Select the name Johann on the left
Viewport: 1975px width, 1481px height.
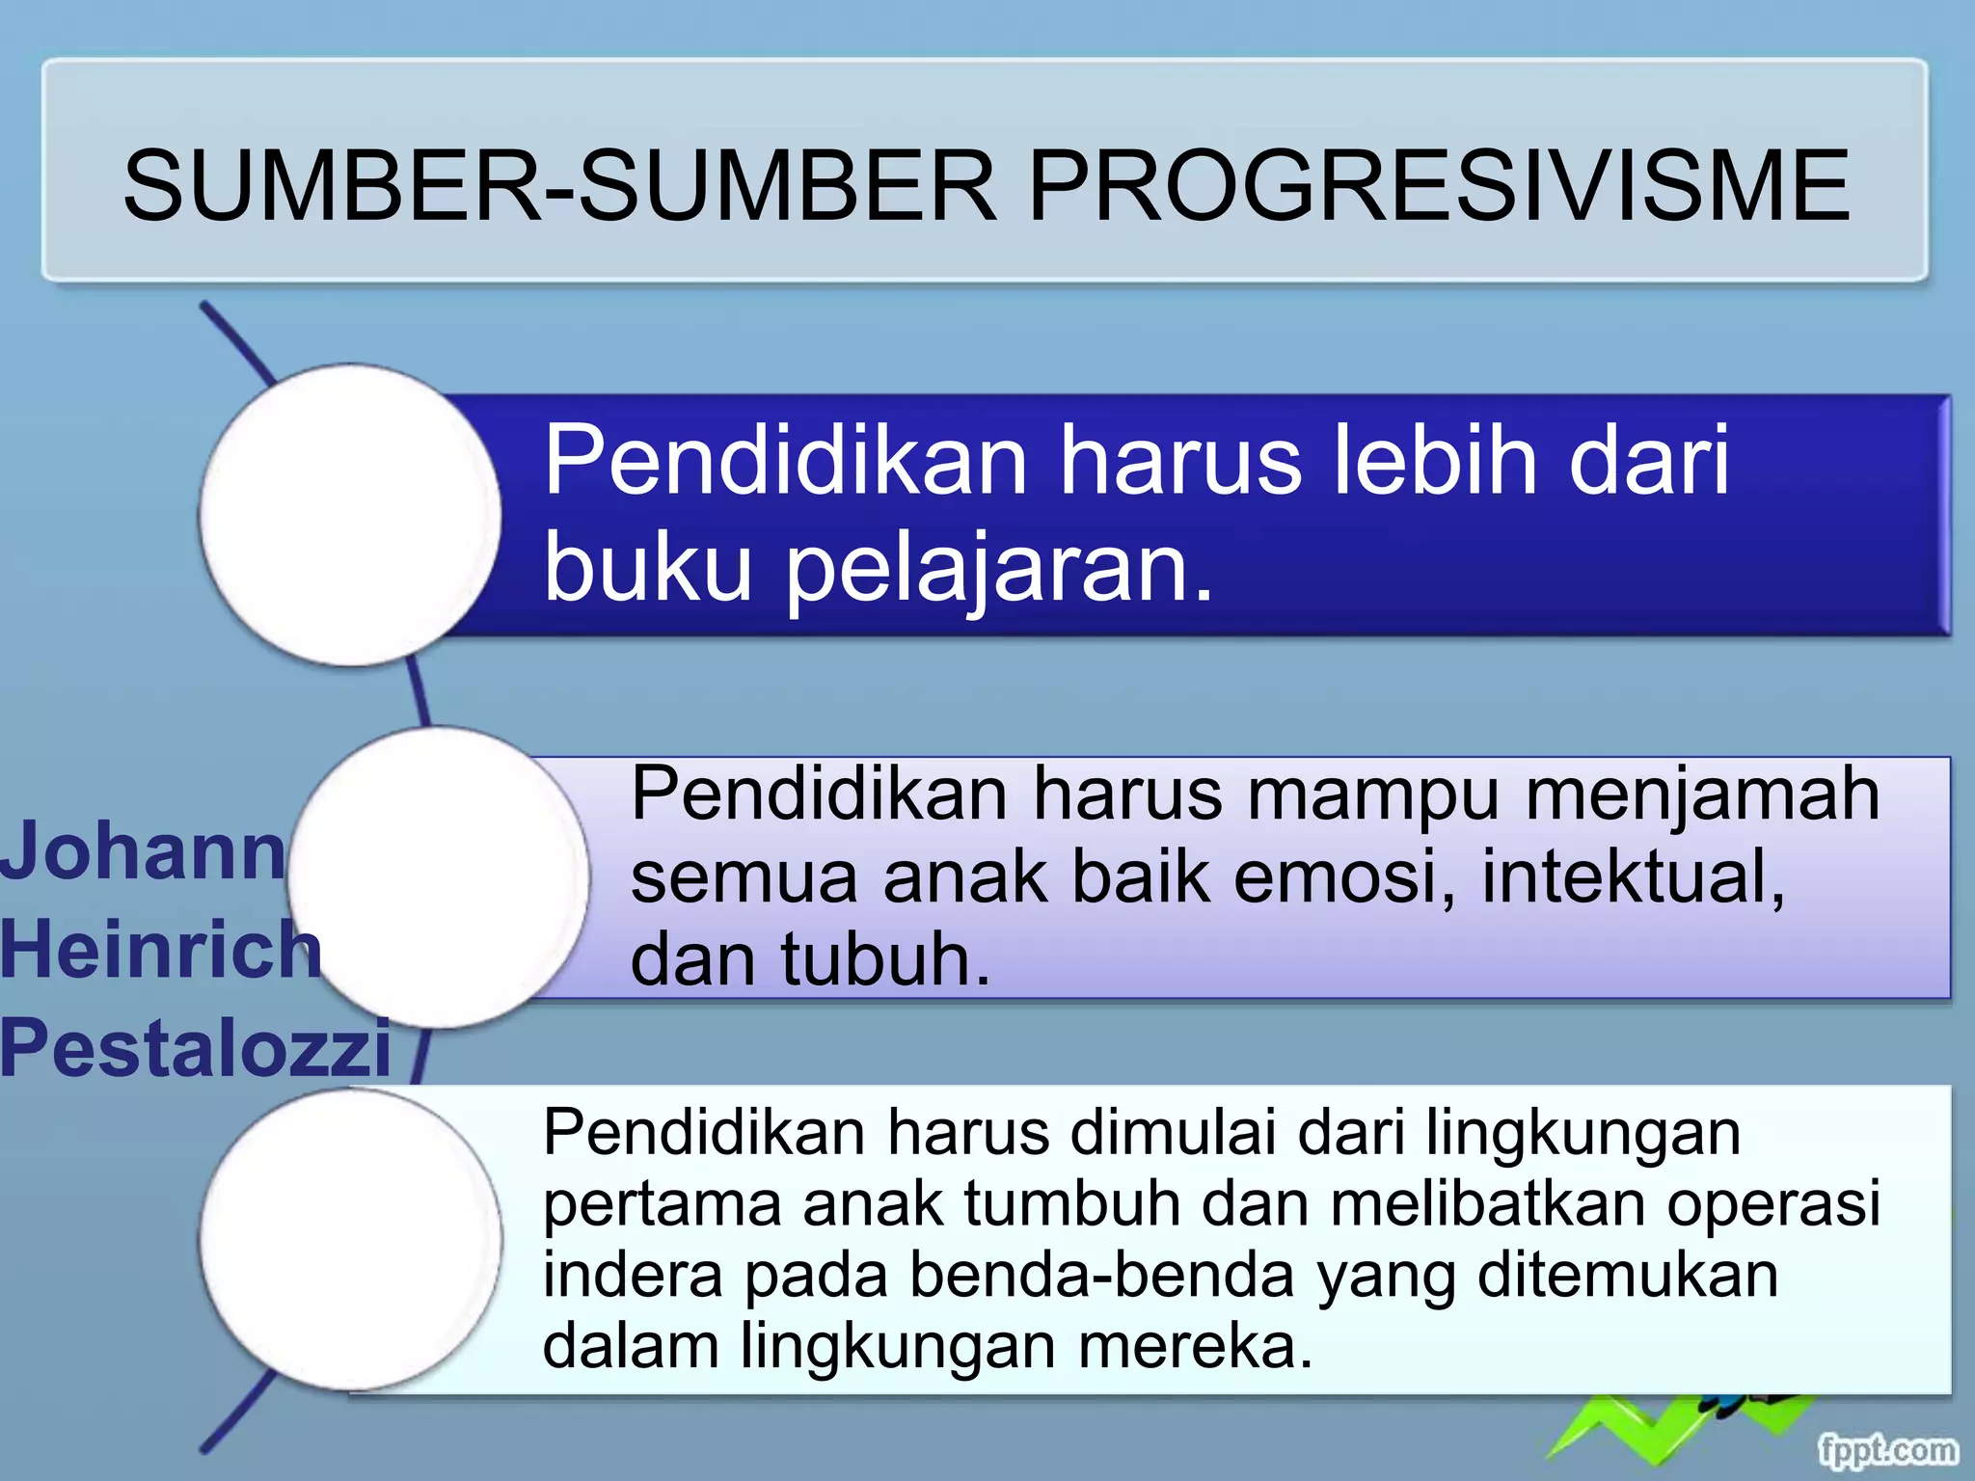143,850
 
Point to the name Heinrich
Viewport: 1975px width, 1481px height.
159,949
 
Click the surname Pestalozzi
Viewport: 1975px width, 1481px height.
196,1047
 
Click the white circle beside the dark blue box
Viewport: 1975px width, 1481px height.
350,515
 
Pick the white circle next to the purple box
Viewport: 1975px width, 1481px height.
439,877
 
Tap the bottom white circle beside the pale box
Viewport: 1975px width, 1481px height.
350,1239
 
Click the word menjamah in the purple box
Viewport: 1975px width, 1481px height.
1702,794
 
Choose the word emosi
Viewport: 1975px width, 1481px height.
1344,877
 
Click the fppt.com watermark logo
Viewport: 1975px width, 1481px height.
1887,1449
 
